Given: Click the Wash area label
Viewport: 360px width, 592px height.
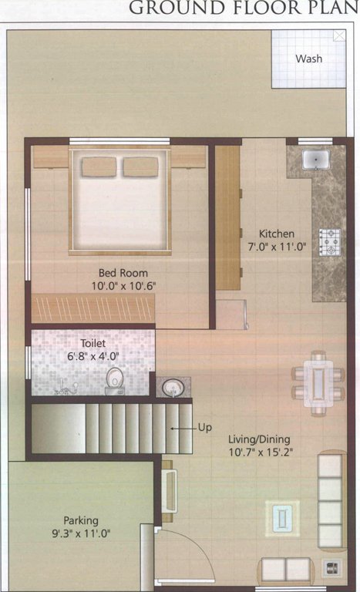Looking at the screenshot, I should pos(309,59).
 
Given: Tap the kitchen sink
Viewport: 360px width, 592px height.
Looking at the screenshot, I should pos(316,160).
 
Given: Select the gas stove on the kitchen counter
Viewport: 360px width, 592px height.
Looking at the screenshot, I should pos(331,242).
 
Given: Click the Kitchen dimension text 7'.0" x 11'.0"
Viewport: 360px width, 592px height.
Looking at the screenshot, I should pos(276,247).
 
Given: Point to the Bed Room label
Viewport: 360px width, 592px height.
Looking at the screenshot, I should pos(123,272).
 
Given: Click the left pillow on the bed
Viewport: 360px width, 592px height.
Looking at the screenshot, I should pos(100,166).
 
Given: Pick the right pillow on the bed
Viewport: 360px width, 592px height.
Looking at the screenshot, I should pos(140,166).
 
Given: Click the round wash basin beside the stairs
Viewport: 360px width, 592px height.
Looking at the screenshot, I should pos(170,387).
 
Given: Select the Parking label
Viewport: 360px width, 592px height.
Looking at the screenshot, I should pos(81,520).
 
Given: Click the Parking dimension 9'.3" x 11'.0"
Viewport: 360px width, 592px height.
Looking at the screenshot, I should pos(81,533).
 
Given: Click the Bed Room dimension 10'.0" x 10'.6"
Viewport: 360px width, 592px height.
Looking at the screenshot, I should pos(123,285).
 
